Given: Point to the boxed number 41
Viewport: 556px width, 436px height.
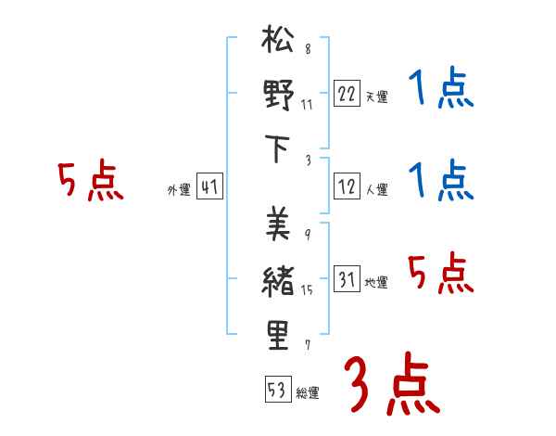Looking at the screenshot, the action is click(x=209, y=188).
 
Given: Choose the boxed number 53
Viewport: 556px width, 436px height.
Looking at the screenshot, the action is click(x=277, y=390).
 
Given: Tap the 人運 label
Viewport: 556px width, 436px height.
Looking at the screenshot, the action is click(x=376, y=190).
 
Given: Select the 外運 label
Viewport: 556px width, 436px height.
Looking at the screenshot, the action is click(x=178, y=190).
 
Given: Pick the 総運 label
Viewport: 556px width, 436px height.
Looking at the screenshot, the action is click(x=308, y=392).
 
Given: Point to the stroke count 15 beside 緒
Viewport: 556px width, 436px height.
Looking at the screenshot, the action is click(x=307, y=290).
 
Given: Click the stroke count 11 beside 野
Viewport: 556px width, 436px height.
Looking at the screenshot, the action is click(x=307, y=104).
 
